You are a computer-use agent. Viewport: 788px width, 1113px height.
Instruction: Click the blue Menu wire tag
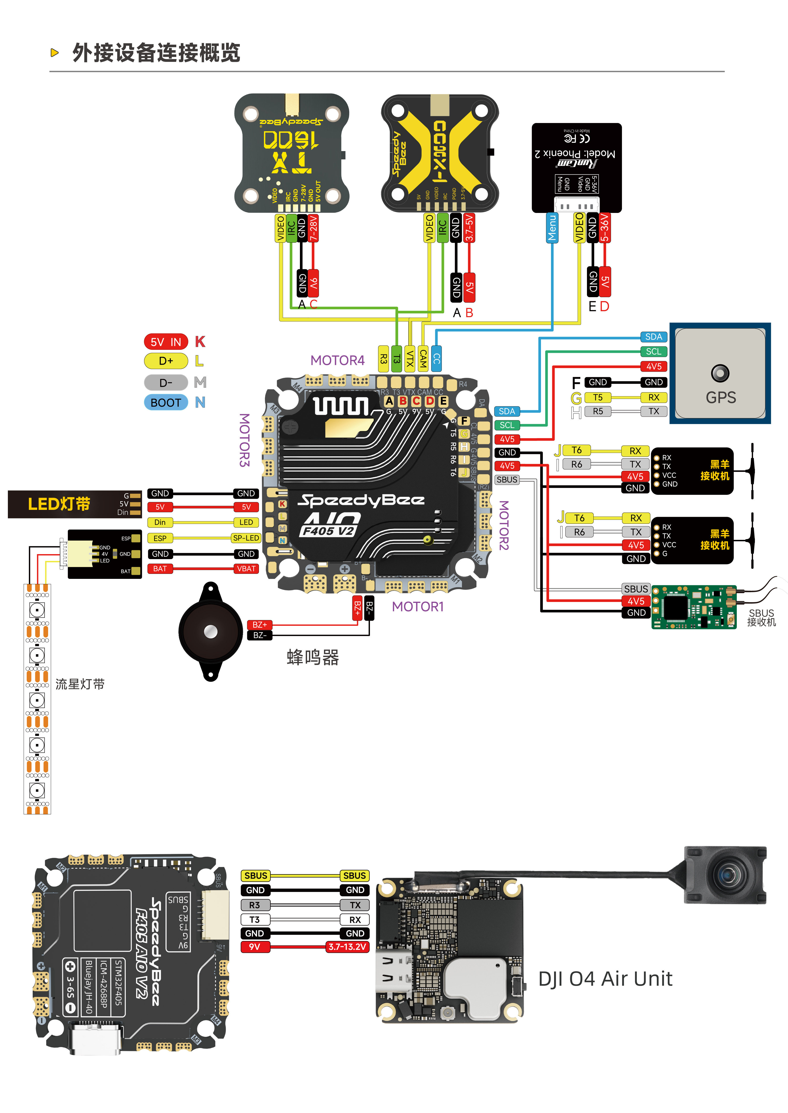pyautogui.click(x=552, y=228)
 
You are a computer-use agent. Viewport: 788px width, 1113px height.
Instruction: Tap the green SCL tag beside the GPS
pyautogui.click(x=654, y=351)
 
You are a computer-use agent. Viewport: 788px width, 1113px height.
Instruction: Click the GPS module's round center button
pyautogui.click(x=720, y=373)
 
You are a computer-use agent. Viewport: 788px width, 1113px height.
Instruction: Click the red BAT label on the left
pyautogui.click(x=160, y=569)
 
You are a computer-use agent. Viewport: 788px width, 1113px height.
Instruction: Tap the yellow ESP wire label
pyautogui.click(x=160, y=538)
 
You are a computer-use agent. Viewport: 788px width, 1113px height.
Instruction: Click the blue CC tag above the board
pyautogui.click(x=436, y=359)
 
